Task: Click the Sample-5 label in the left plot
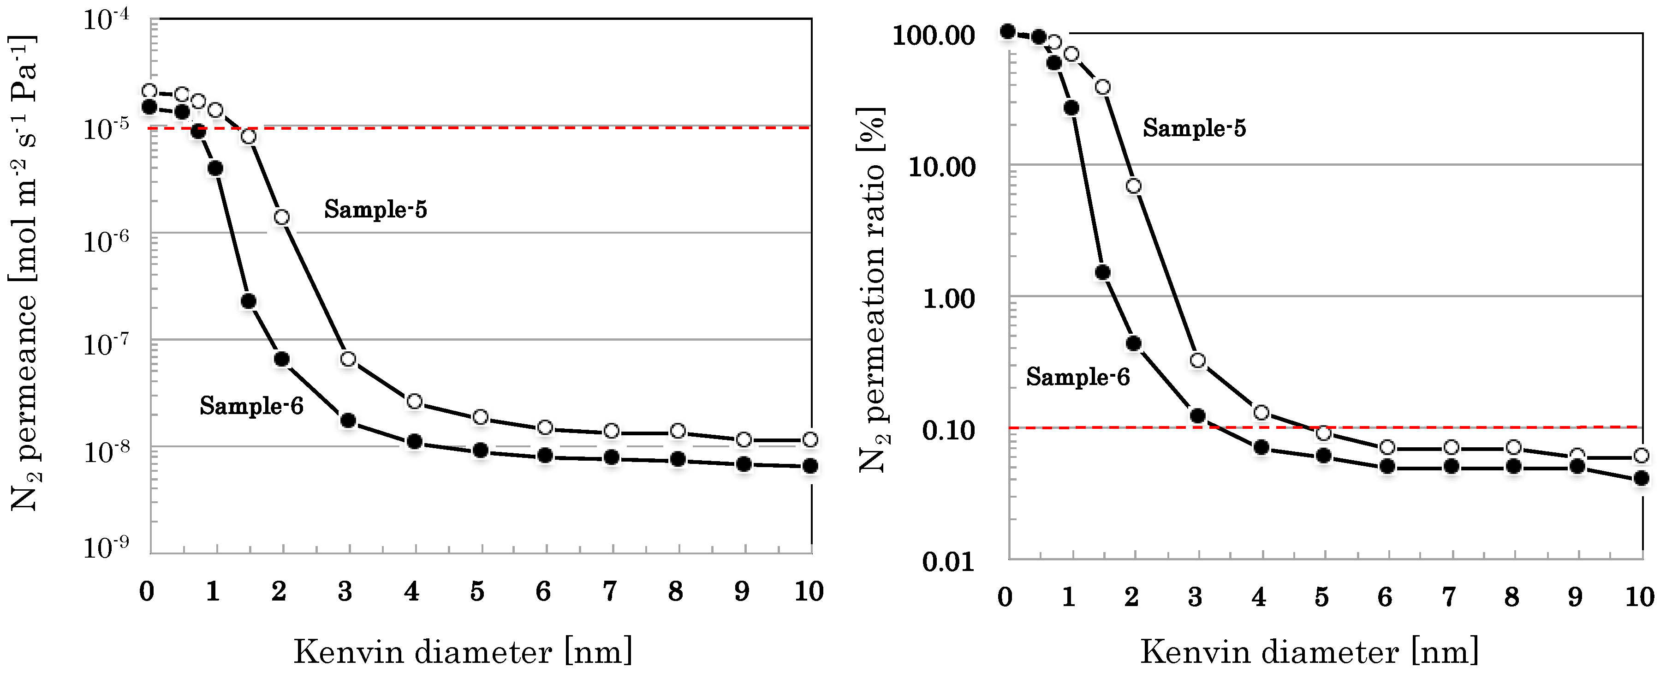click(x=375, y=209)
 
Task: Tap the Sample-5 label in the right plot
click(x=1194, y=128)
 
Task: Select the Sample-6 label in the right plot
click(x=1077, y=377)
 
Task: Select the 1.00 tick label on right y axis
click(x=949, y=299)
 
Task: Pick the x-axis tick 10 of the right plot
click(x=1639, y=596)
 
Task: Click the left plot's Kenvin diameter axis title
click(x=463, y=652)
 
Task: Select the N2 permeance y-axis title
click(x=24, y=274)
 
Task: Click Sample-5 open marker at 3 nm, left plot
click(x=348, y=359)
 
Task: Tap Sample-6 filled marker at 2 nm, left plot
click(x=282, y=359)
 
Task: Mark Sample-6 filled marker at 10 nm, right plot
click(x=1641, y=478)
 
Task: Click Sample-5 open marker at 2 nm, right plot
click(x=1134, y=186)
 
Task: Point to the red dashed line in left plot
click(x=516, y=128)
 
